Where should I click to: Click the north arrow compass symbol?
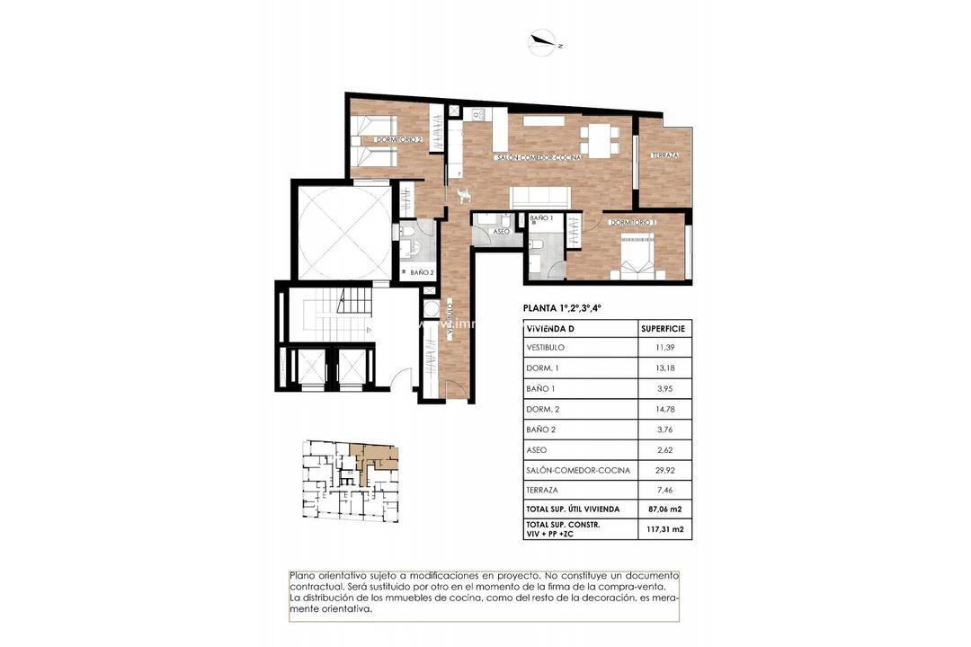click(x=542, y=40)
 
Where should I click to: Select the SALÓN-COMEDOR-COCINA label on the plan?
click(x=539, y=157)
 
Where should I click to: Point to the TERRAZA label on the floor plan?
click(x=664, y=155)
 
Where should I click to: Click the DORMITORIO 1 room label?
click(x=633, y=222)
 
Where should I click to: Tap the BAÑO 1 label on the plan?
click(x=540, y=218)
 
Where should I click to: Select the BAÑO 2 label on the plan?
click(x=422, y=271)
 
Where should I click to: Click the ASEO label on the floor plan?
click(x=502, y=231)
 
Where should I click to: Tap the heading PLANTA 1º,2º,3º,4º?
click(x=562, y=308)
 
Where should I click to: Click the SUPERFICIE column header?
click(x=664, y=328)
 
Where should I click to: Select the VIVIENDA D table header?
click(x=553, y=328)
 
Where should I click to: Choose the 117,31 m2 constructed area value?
click(x=664, y=529)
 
